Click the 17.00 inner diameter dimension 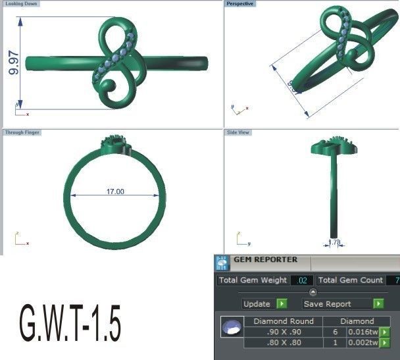click(115, 192)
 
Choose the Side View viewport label click(238, 132)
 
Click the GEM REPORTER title click(266, 260)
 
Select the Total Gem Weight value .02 click(301, 280)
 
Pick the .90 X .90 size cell click(284, 332)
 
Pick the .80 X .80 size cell click(284, 343)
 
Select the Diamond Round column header click(284, 321)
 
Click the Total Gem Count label click(351, 280)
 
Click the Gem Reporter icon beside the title click(221, 263)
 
